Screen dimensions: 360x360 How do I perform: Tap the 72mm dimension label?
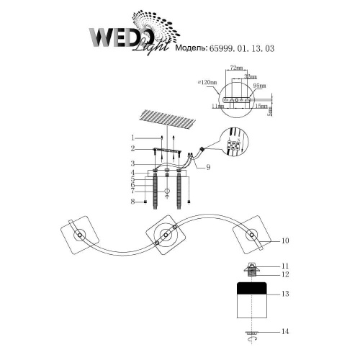[x=235, y=67]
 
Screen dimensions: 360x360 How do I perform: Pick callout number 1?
[x=132, y=138]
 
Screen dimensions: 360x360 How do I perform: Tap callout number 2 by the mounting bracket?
[x=132, y=149]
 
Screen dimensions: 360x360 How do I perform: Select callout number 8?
[x=132, y=203]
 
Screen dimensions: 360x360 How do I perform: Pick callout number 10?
[x=286, y=240]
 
